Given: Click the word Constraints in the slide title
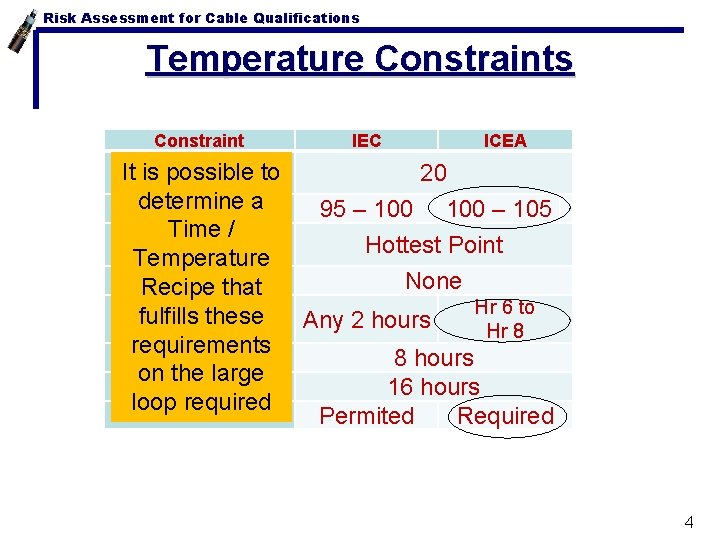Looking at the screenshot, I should [x=474, y=59].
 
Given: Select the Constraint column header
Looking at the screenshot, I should [x=199, y=141].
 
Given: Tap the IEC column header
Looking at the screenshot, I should [x=366, y=141].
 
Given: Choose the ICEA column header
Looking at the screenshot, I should [x=505, y=141].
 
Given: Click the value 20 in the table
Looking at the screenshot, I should [x=433, y=173].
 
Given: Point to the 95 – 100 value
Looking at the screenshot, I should [x=365, y=209].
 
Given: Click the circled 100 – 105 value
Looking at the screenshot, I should [x=499, y=209].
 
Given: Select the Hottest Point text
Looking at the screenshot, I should [x=434, y=245].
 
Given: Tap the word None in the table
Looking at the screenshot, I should [x=433, y=281].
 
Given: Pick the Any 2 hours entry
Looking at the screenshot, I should [x=366, y=320].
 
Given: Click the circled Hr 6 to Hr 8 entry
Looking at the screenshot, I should [x=504, y=319].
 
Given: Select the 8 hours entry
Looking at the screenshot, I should [x=434, y=357].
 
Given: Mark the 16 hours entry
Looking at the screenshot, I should [x=434, y=387].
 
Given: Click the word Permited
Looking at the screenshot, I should [x=366, y=416].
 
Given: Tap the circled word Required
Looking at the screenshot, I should [x=505, y=416].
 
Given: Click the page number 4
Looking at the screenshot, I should [x=688, y=521].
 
